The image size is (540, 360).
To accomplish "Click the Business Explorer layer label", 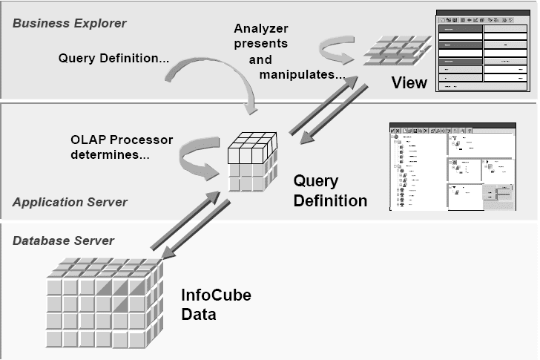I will [69, 23].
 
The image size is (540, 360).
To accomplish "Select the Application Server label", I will [70, 202].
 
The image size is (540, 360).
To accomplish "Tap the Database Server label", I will [63, 240].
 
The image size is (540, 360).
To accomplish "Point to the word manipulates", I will [301, 75].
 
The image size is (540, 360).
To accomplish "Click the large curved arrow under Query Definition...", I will [216, 83].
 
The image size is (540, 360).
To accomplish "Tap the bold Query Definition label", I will [330, 191].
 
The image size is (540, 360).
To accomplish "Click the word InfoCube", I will [216, 295].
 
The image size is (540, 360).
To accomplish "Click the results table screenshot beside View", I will [483, 51].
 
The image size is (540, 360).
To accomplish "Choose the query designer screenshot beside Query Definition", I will [452, 166].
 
